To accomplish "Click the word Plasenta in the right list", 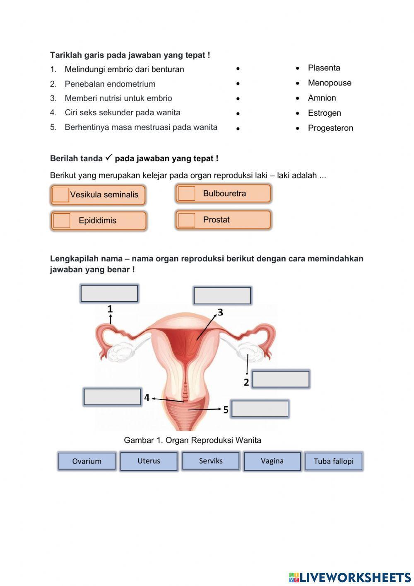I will click(x=324, y=68).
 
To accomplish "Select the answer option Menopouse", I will click(x=330, y=83).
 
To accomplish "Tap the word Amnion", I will click(x=322, y=98).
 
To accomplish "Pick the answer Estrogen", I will click(x=324, y=113).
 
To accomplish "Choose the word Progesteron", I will click(x=330, y=128).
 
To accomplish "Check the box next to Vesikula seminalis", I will click(x=61, y=195).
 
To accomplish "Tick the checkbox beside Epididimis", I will click(x=62, y=221).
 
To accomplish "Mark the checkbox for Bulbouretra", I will click(x=186, y=194).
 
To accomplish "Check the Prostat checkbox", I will click(x=186, y=220).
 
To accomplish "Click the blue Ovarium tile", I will click(x=87, y=461).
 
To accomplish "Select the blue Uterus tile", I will click(x=149, y=461).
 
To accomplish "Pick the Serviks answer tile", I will click(x=211, y=461).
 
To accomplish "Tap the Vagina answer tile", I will click(x=272, y=461).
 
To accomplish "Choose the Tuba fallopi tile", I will click(x=334, y=461).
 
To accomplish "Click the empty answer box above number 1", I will click(x=109, y=294).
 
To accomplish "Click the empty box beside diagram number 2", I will click(x=281, y=379).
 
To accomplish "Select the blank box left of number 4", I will click(x=112, y=397).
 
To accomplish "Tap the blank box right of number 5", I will click(x=260, y=409).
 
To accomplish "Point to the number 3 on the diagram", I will click(x=220, y=312).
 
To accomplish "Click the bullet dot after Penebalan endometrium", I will click(x=238, y=84).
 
